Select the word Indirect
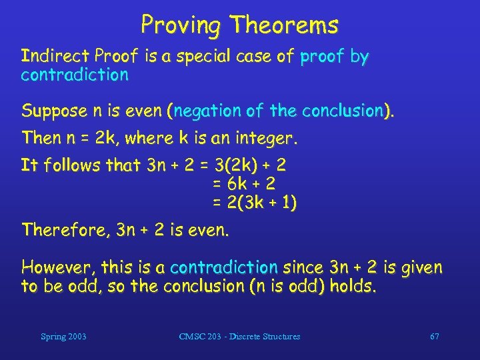tap(56, 57)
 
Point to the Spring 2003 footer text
tap(63, 337)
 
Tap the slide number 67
tap(434, 337)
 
